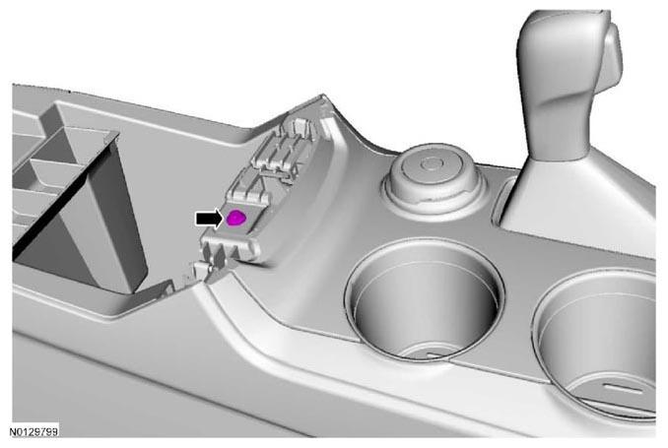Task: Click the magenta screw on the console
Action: (x=235, y=218)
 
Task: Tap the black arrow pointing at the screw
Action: (x=209, y=218)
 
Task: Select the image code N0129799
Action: (x=33, y=432)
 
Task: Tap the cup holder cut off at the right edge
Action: (x=596, y=341)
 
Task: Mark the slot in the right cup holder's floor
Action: (x=625, y=389)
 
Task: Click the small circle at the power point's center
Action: (x=432, y=164)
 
